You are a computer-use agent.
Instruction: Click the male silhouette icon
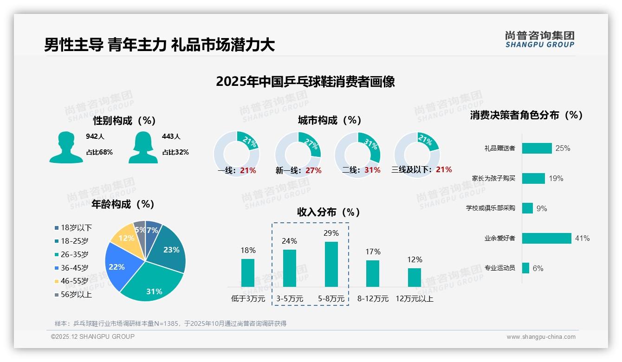coord(66,147)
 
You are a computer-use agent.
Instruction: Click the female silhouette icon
coord(143,147)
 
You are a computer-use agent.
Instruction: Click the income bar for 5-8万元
coord(331,264)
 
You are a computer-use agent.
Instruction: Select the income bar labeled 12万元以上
coord(415,277)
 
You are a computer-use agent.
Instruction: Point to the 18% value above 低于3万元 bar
coord(248,251)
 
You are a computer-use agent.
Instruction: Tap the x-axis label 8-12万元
coord(373,299)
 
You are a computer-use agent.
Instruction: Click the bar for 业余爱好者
coord(546,238)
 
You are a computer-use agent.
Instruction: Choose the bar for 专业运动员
coord(525,268)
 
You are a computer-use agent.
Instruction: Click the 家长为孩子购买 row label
coord(493,178)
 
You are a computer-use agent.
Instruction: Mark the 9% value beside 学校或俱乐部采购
coord(542,208)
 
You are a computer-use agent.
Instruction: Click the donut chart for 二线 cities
coord(357,149)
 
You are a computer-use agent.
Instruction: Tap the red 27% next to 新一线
coord(313,171)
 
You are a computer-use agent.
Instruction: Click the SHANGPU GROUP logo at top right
coord(539,39)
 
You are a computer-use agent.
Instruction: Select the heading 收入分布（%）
coord(329,212)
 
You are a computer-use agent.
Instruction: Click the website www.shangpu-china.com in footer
coord(541,337)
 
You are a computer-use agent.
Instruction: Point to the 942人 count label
coord(95,136)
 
